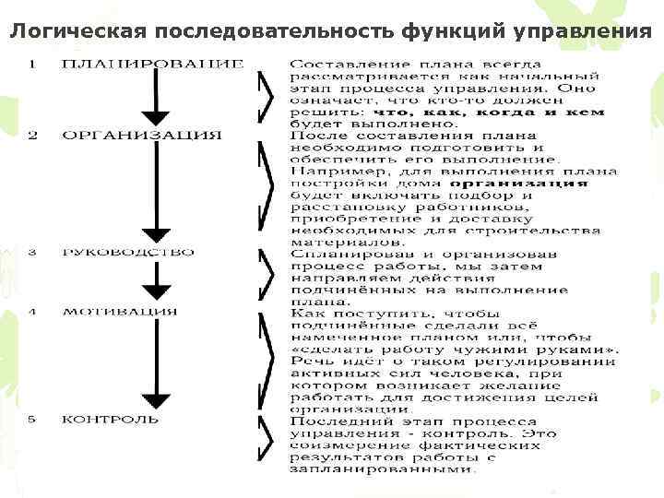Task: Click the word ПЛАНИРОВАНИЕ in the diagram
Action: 153,64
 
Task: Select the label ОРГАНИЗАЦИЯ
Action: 142,136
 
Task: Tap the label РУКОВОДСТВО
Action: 142,252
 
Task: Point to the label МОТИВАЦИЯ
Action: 120,311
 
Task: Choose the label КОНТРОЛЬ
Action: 111,419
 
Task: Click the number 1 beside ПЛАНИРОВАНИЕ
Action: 32,64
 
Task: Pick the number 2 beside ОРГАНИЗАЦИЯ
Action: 32,136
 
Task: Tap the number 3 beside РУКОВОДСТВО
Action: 32,252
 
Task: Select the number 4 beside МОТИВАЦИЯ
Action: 32,311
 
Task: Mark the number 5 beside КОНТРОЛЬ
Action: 32,419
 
